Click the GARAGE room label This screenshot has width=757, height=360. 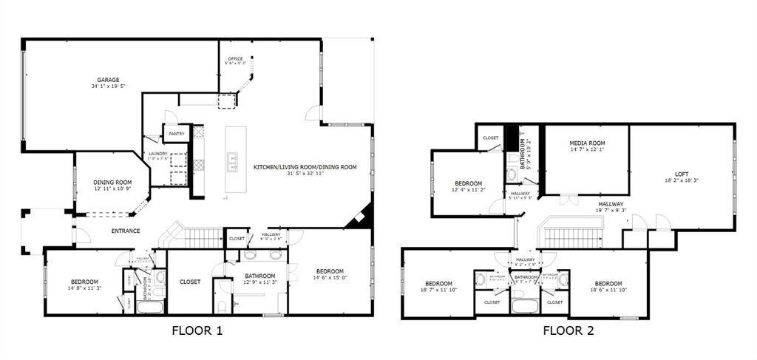pyautogui.click(x=108, y=80)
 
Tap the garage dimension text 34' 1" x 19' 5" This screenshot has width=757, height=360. pyautogui.click(x=108, y=87)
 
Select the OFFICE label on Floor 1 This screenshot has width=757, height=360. pyautogui.click(x=235, y=58)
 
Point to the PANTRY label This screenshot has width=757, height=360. pyautogui.click(x=176, y=134)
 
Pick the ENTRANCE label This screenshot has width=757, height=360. pyautogui.click(x=126, y=231)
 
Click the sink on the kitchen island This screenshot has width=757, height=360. pyautogui.click(x=234, y=161)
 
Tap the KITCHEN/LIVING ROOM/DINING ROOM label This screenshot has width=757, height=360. pyautogui.click(x=305, y=167)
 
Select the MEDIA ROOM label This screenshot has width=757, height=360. pyautogui.click(x=587, y=143)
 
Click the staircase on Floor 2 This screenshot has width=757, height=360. pyautogui.click(x=573, y=237)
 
